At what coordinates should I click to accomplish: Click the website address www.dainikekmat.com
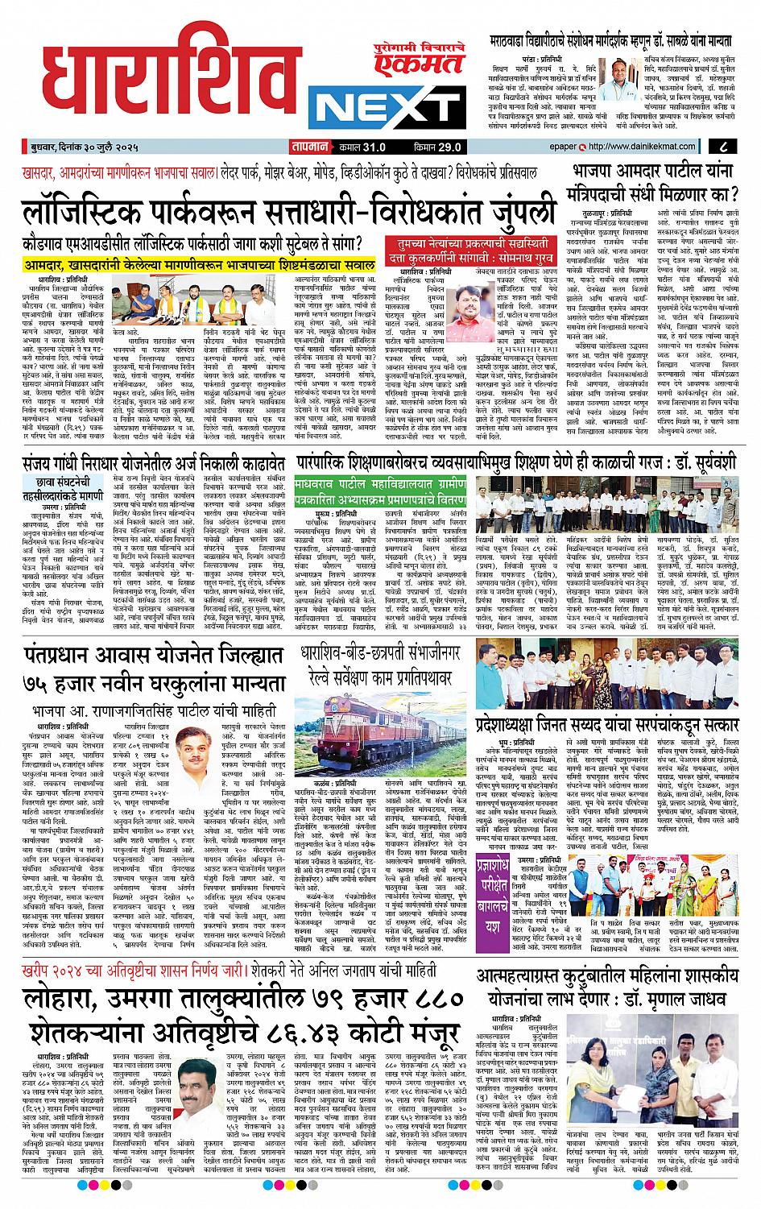tap(644, 147)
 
